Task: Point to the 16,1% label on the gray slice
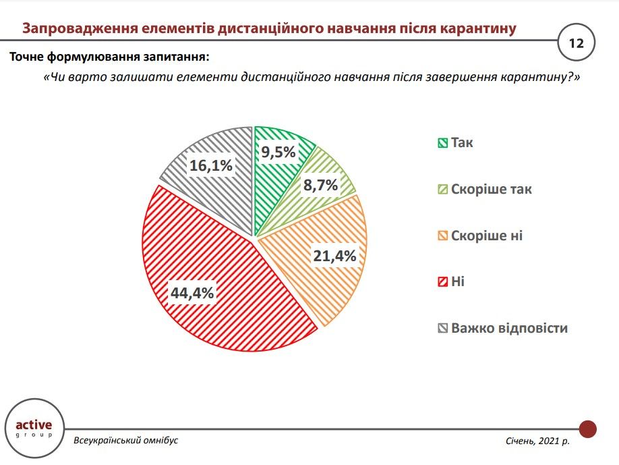pyautogui.click(x=210, y=165)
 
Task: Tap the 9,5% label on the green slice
pyautogui.click(x=278, y=152)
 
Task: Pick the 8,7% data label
pyautogui.click(x=320, y=184)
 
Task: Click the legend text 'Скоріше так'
pyautogui.click(x=491, y=189)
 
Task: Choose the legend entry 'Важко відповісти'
pyautogui.click(x=509, y=329)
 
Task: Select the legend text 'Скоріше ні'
pyautogui.click(x=486, y=236)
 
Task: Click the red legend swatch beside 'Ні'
pyautogui.click(x=442, y=282)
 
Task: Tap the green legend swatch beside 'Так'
pyautogui.click(x=442, y=143)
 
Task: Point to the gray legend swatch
pyautogui.click(x=442, y=329)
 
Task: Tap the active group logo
pyautogui.click(x=33, y=429)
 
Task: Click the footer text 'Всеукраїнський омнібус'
pyautogui.click(x=126, y=440)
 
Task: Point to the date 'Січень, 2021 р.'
pyautogui.click(x=537, y=441)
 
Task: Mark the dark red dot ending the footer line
pyautogui.click(x=588, y=429)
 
